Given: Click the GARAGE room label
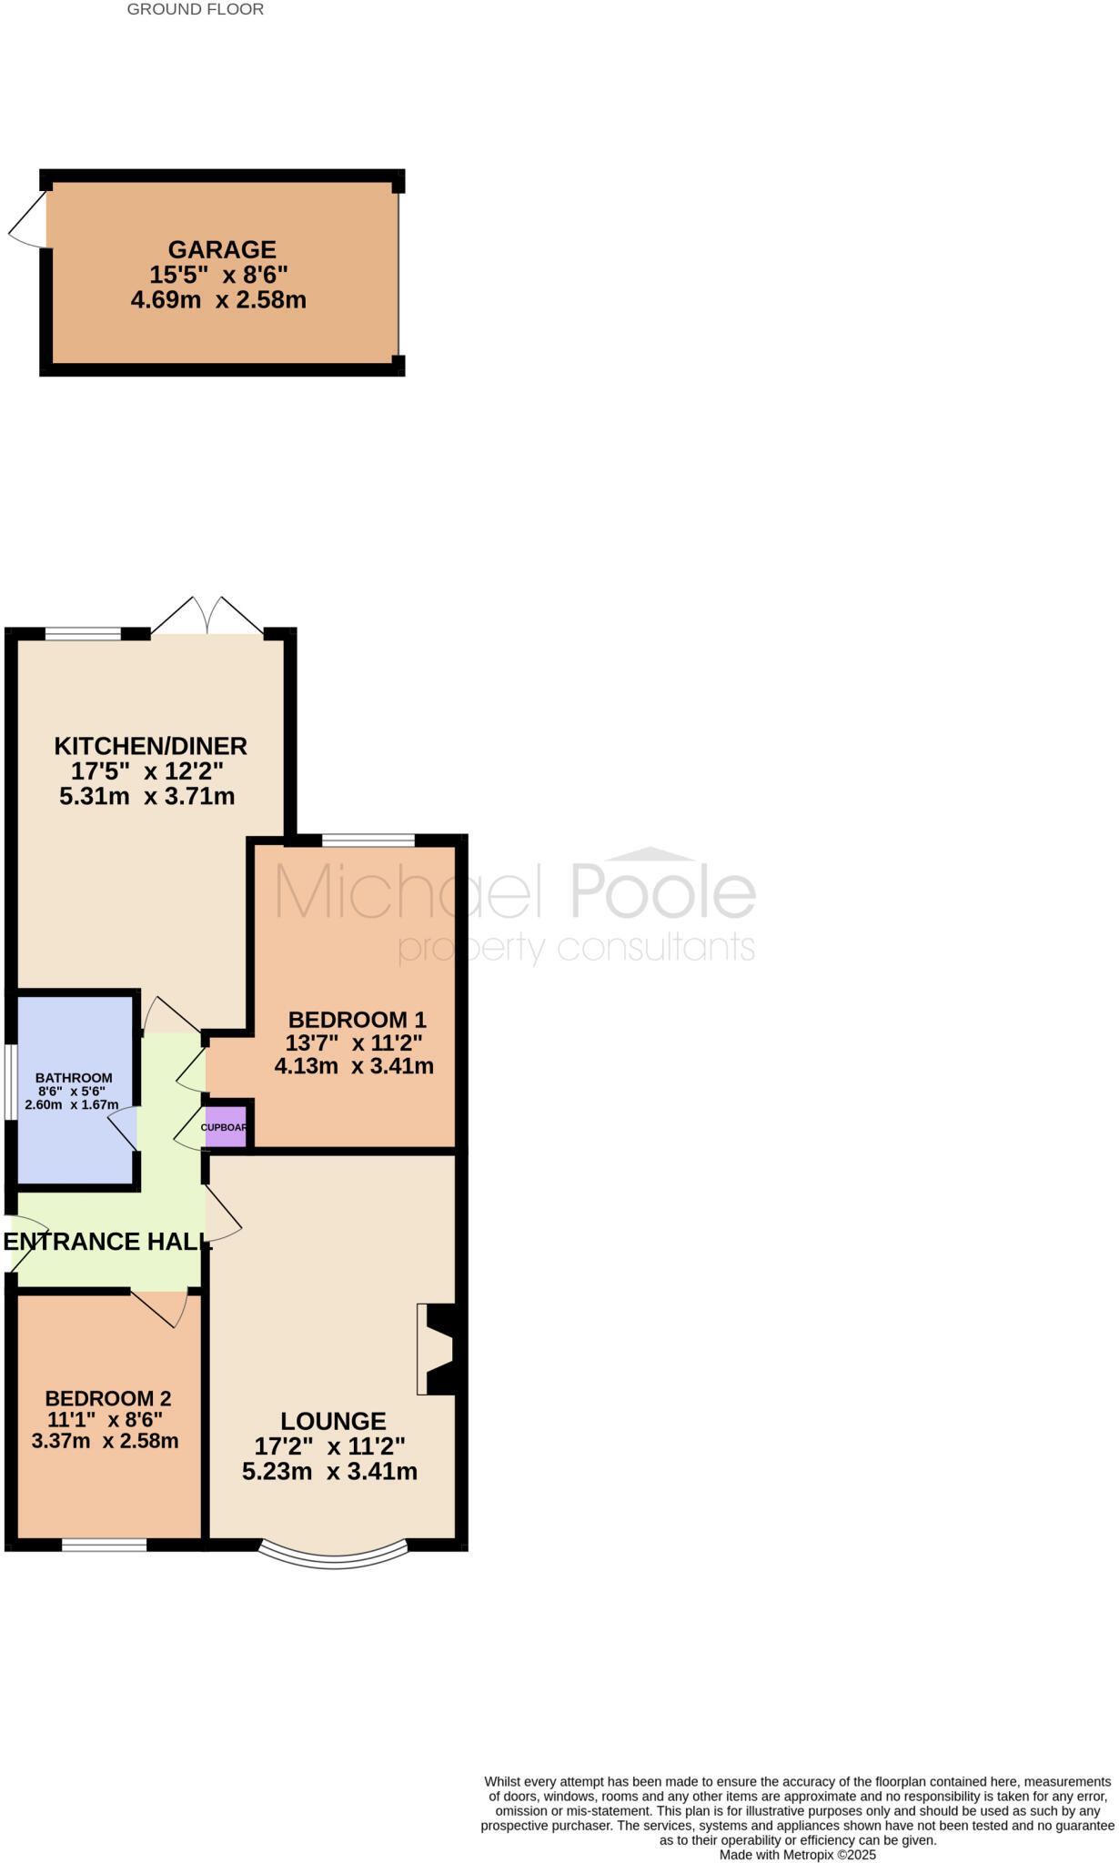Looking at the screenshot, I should (x=222, y=249).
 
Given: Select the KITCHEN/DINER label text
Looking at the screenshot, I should (x=151, y=746).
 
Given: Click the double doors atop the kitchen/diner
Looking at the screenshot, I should (x=207, y=617).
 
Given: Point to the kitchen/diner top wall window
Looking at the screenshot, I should (x=83, y=634).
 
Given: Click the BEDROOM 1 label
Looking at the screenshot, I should (x=357, y=1020).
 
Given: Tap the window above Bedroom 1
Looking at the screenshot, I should (x=368, y=841).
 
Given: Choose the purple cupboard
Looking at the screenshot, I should (x=226, y=1126).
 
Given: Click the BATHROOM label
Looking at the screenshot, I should (x=74, y=1078).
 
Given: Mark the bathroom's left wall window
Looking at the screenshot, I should (x=9, y=1082).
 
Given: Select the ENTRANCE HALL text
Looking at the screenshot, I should (x=107, y=1242).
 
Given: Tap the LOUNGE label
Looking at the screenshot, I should (x=333, y=1421).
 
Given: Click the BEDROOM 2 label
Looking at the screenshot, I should (x=108, y=1398).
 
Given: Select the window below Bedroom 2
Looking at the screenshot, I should (x=104, y=1544).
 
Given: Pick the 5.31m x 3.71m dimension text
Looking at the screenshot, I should (x=147, y=797).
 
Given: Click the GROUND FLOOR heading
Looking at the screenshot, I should (x=196, y=10).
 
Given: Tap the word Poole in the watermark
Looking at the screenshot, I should (x=663, y=892).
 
